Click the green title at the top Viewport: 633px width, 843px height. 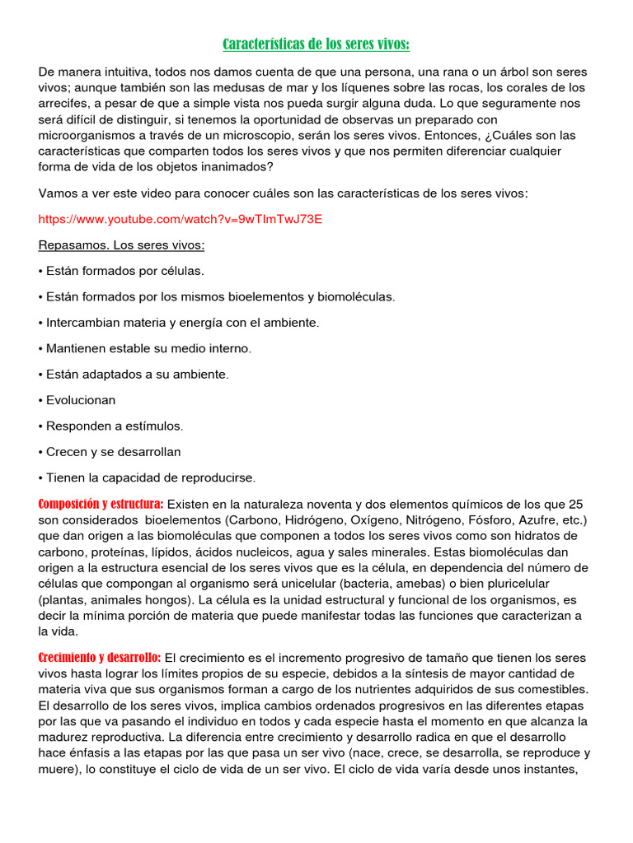316,44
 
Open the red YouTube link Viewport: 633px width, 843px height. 181,219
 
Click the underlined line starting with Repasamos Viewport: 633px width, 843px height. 121,245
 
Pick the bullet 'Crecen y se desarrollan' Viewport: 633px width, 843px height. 110,452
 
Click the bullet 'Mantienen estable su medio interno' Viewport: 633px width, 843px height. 145,348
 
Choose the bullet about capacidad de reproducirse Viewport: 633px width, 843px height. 148,477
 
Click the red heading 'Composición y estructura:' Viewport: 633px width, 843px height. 101,504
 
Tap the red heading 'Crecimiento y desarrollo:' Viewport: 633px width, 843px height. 100,657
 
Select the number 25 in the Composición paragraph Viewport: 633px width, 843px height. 575,504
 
